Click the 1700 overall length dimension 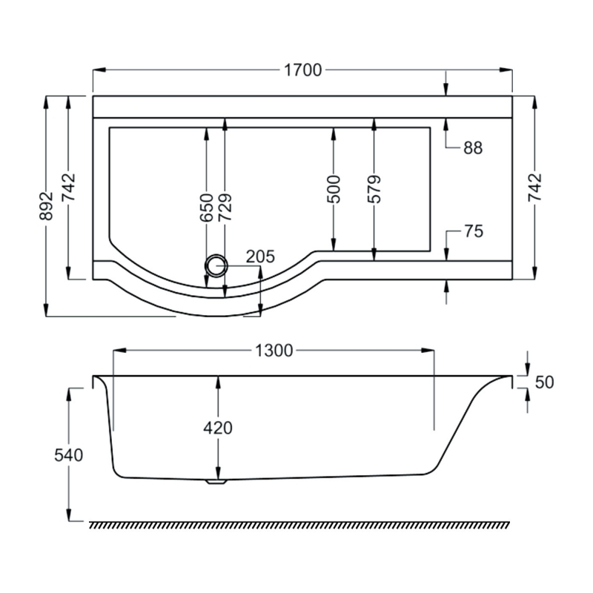coord(302,70)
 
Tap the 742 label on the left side coord(68,188)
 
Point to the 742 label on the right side coord(536,188)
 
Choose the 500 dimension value coord(334,190)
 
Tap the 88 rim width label coord(473,148)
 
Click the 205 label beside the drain coord(260,257)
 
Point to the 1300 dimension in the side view coord(274,350)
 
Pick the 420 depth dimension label coord(218,428)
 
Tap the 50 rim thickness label coord(544,382)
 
